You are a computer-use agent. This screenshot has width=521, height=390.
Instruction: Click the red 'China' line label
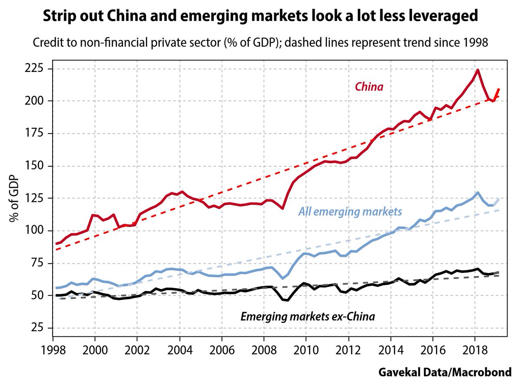pos(369,87)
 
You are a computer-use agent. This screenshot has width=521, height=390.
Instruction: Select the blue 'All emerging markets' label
pos(350,212)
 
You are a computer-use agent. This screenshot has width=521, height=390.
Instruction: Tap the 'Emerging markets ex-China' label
pos(307,317)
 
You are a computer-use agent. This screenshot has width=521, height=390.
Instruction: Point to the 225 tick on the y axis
pos(36,68)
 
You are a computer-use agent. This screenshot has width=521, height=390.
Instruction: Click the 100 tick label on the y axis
pos(36,231)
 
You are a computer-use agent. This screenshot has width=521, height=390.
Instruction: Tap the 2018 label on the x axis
pos(475,349)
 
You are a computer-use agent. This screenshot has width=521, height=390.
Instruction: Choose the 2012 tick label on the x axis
pos(348,349)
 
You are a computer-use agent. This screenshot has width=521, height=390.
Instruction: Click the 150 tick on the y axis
pos(36,166)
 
